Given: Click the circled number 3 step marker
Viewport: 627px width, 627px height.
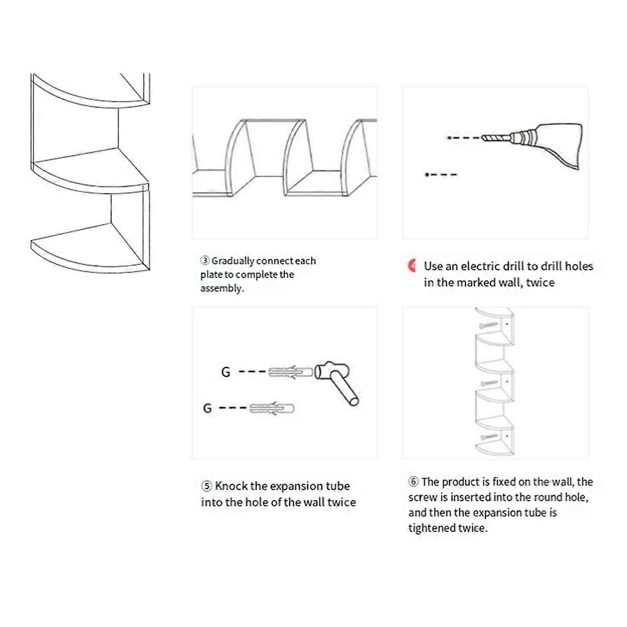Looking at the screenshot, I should coord(205,261).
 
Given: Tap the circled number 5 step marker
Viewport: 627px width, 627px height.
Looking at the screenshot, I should coord(206,486).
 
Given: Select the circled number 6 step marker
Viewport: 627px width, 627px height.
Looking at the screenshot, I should coord(413,482).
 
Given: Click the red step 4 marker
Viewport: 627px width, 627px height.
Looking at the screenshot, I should coord(412,265).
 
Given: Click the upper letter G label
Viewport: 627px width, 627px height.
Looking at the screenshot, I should coord(226,372).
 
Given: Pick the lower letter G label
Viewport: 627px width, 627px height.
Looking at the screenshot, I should coord(207,408).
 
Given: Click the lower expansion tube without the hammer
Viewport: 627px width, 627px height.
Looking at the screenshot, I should coord(272,408).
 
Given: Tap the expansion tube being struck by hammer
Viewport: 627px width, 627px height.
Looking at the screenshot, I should coord(291,372).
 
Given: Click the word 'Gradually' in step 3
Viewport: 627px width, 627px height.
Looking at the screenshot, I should coord(233,261).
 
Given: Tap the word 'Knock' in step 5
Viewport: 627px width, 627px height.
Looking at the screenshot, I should coord(231,486).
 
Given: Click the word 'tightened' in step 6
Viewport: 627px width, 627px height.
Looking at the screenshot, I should coord(432,528).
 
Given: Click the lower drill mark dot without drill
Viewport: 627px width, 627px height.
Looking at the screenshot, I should coord(427,175).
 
